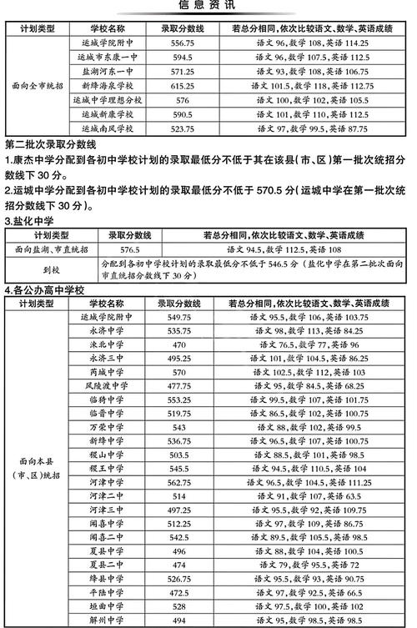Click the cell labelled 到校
tap(53, 269)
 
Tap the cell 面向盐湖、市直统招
tap(53, 249)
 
